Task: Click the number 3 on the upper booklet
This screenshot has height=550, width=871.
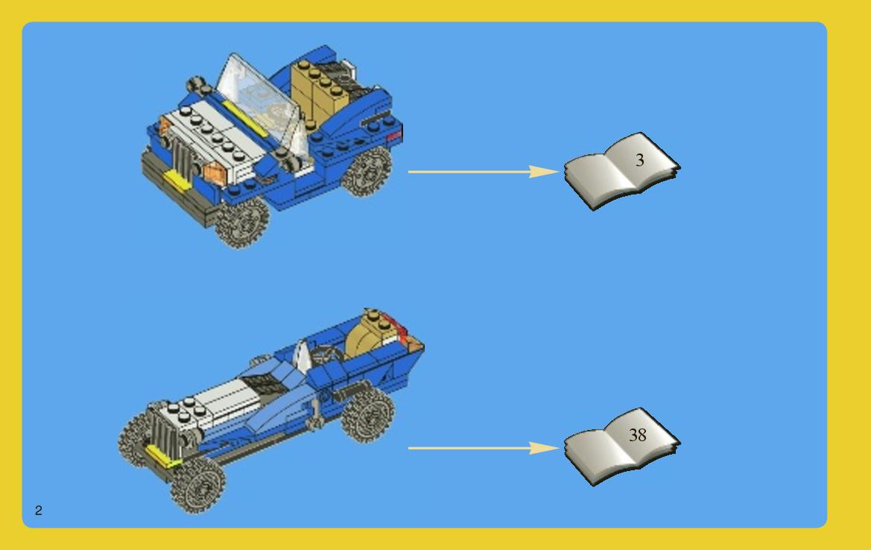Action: point(639,160)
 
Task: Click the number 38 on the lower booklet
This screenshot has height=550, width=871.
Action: point(637,435)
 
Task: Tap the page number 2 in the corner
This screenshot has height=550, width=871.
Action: point(38,511)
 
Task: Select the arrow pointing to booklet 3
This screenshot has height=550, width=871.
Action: point(484,171)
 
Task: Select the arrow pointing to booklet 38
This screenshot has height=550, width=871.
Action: point(484,448)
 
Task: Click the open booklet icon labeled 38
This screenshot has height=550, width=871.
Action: point(621,446)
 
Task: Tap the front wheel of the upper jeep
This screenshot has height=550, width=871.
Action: point(242,222)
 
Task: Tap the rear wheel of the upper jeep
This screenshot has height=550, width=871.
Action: point(367,171)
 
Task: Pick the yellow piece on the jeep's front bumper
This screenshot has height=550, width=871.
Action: point(176,180)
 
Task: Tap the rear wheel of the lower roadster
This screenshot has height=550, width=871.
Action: point(368,414)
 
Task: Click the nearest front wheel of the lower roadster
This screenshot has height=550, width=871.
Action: point(198,485)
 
